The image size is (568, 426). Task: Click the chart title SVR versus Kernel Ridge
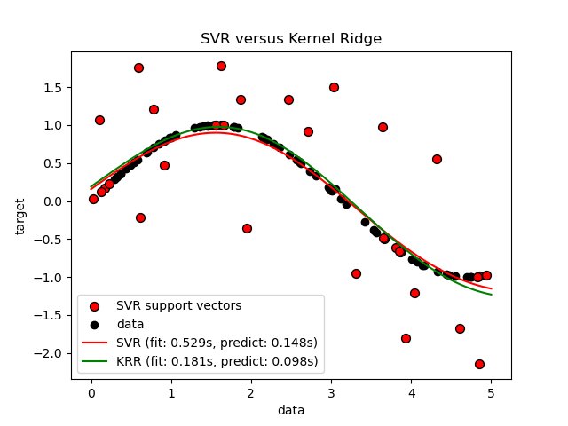pos(291,40)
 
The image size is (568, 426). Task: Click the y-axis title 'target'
pos(20,216)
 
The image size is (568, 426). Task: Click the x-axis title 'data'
pos(291,410)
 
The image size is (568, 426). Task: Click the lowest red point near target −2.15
pos(479,364)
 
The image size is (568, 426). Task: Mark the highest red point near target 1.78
pos(221,66)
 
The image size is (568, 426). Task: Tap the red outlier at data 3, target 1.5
pos(334,87)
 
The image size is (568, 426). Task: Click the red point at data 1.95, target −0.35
pos(247,228)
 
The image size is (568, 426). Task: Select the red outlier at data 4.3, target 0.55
pos(437,159)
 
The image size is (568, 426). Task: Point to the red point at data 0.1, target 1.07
pos(99,120)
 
